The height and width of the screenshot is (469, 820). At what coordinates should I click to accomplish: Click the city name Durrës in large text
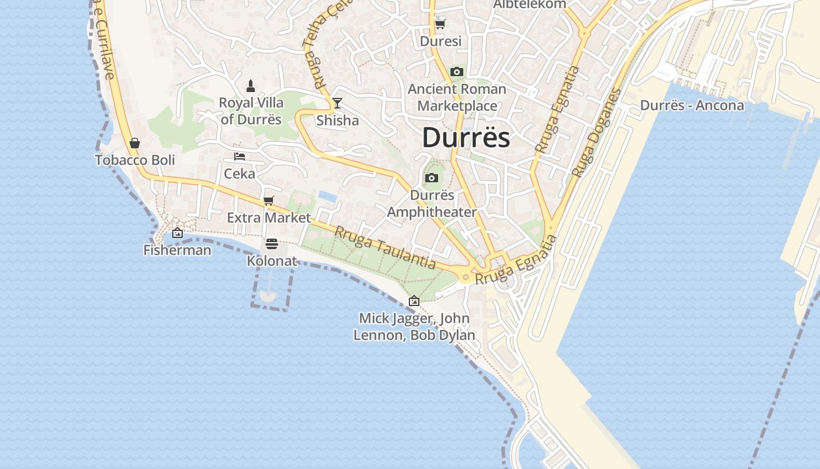466,138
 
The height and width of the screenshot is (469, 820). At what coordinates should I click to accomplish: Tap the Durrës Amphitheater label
432,203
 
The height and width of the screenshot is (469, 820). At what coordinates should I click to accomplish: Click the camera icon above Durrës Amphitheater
432,178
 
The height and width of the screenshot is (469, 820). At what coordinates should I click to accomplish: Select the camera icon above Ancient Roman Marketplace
457,72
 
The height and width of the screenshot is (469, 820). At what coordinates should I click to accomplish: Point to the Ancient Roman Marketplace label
457,97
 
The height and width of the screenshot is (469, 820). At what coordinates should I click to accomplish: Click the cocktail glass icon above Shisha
337,104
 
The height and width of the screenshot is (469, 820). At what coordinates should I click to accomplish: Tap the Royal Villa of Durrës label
251,111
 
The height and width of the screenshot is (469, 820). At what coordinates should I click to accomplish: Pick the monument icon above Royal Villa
251,86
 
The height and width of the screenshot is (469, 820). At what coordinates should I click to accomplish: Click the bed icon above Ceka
240,157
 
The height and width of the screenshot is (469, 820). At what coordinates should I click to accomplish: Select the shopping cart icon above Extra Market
269,201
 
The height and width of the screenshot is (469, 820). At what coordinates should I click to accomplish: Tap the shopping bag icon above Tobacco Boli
135,143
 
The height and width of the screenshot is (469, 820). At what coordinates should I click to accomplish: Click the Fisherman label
177,250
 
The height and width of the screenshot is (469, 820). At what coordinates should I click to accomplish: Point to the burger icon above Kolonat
271,244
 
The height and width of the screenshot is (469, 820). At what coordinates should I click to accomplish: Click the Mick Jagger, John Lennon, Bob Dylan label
414,327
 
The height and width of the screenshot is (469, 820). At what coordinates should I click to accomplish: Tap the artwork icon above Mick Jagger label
414,301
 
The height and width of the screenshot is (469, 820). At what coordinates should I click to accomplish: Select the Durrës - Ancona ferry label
692,106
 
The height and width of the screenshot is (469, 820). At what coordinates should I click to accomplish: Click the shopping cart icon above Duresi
440,25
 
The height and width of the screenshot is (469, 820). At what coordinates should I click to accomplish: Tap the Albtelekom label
529,4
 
